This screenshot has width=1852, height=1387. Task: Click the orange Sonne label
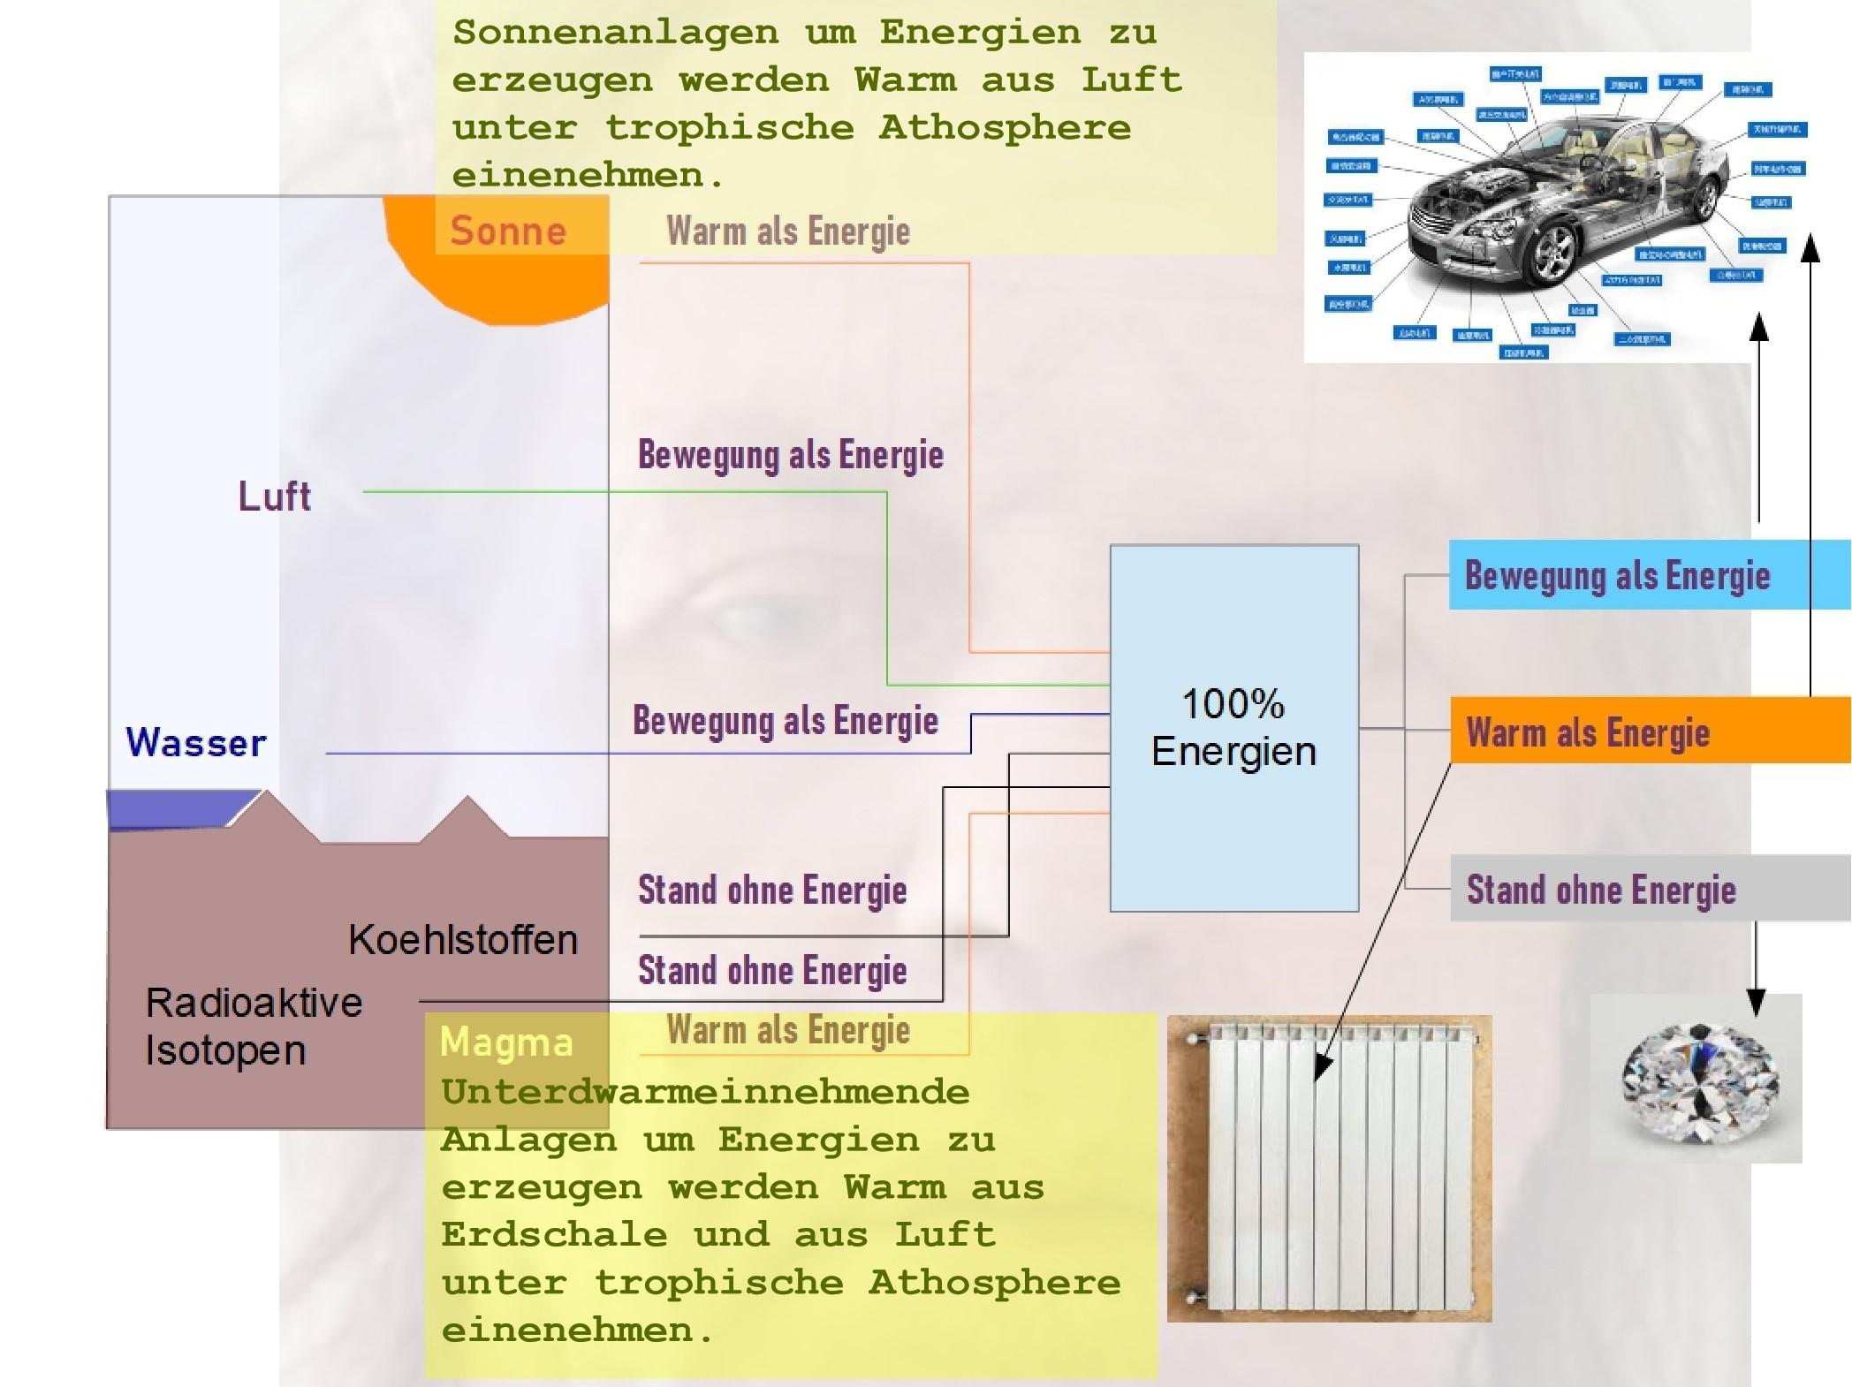(508, 231)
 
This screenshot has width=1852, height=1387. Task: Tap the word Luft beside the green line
(275, 496)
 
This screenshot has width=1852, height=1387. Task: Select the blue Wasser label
(196, 743)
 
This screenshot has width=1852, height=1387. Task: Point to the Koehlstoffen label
(462, 939)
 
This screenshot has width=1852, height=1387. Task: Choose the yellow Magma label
(506, 1042)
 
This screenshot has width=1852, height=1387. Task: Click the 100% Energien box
(1233, 728)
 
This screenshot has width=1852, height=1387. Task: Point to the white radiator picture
(1329, 1168)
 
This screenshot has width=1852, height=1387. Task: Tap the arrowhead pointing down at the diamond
(1756, 1003)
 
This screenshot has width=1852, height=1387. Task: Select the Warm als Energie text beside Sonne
(788, 231)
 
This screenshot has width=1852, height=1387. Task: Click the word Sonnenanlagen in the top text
(616, 33)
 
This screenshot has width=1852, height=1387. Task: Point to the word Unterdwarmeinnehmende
(705, 1093)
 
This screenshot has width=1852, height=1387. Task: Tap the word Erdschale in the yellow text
(554, 1235)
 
